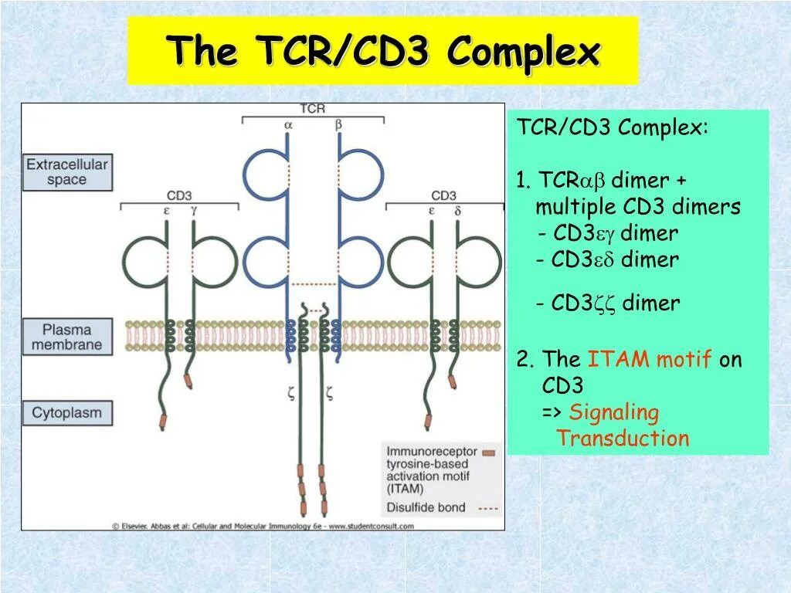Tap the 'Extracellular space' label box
tap(67, 171)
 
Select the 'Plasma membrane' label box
tap(67, 336)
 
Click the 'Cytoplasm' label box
tap(66, 412)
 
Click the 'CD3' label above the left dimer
tap(179, 195)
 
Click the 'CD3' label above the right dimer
tap(444, 195)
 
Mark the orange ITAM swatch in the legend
tap(488, 452)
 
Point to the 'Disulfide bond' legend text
tap(426, 507)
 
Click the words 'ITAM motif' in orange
tap(649, 360)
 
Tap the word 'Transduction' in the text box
tap(623, 439)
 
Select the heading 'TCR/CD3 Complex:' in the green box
tap(613, 127)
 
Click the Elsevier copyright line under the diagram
tap(263, 525)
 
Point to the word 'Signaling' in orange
tap(614, 413)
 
